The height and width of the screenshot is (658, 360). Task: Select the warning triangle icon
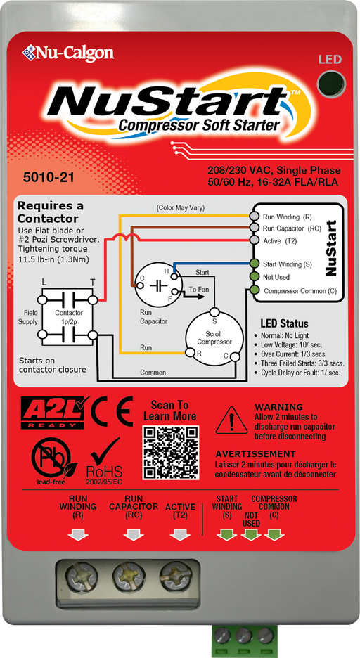pos(231,420)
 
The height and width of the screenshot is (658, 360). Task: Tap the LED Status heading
pos(285,323)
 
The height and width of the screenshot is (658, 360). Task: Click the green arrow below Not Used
pos(250,536)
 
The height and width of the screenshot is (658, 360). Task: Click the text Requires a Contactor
pos(50,212)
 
